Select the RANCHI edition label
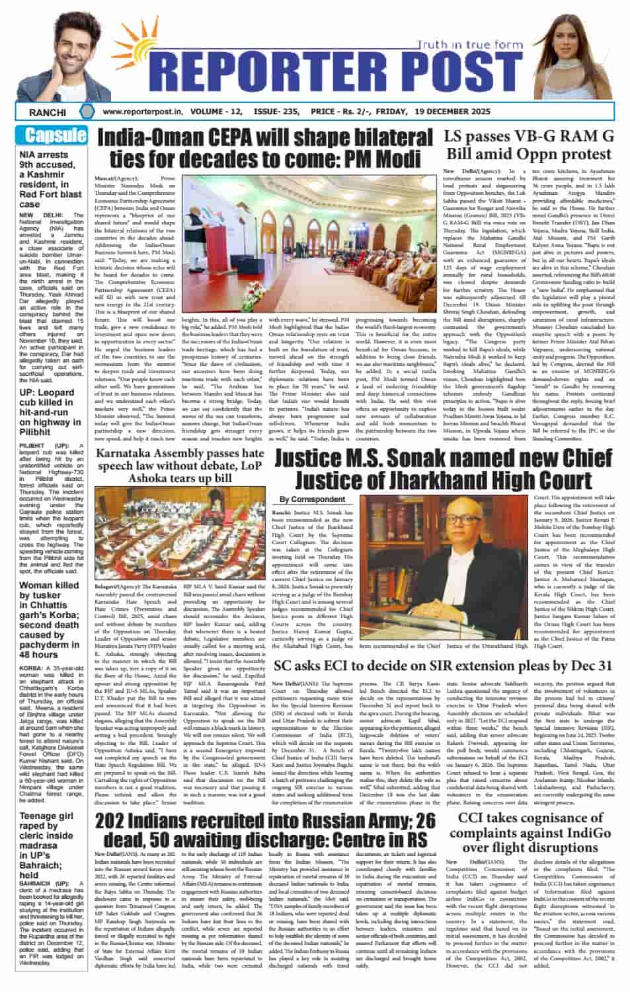(48, 112)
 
